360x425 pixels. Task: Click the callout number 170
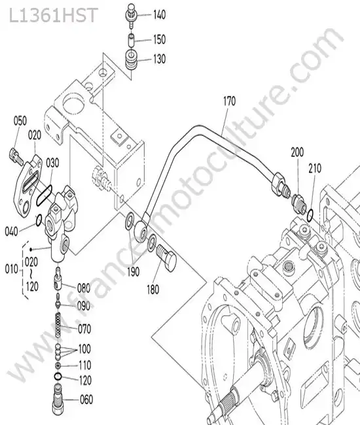pos(230,101)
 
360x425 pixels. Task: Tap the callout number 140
pos(160,14)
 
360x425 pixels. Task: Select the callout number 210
pos(315,168)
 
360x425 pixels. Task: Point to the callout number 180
pos(153,290)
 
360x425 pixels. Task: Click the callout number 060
pos(86,399)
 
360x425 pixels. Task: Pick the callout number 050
pos(20,121)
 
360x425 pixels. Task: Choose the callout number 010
pos(11,269)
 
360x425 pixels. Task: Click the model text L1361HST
pos(54,16)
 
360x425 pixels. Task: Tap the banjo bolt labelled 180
pos(166,257)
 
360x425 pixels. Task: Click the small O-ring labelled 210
pos(310,214)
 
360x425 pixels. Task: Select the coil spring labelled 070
pos(58,325)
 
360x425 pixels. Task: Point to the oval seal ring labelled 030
pos(44,195)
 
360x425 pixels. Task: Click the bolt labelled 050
pos(17,156)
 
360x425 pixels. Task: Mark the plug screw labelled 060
pos(58,399)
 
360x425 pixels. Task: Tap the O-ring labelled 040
pos(39,220)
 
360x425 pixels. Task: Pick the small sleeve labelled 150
pos(131,40)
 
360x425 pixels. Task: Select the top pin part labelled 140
pos(132,15)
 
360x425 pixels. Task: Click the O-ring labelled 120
pos(58,376)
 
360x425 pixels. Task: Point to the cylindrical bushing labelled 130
pos(132,60)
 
